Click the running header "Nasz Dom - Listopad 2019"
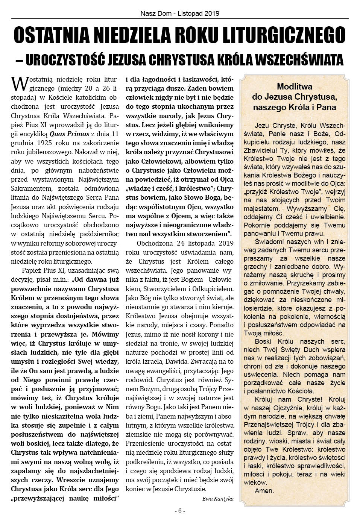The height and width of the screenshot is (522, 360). [x=180, y=14]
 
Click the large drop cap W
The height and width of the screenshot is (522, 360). [x=19, y=83]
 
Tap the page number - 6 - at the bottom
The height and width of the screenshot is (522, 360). [x=180, y=511]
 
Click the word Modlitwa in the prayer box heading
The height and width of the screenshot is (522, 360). [x=295, y=87]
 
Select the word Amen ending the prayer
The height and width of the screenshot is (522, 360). [x=264, y=490]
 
